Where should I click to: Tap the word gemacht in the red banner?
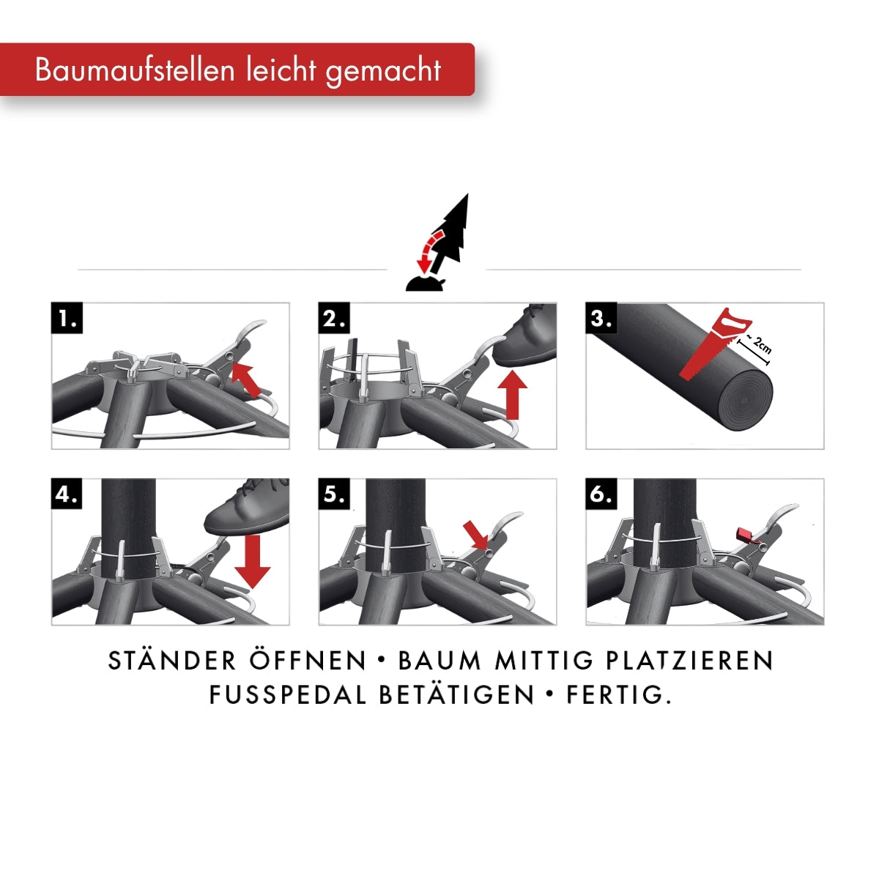pos(384,72)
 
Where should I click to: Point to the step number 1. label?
pos(67,317)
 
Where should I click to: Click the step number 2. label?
pos(334,317)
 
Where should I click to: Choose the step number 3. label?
pos(601,317)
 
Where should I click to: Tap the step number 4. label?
pos(67,494)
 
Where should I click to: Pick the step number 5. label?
pos(334,494)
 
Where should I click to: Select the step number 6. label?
pos(601,494)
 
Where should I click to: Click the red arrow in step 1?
pos(247,379)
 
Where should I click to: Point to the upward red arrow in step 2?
pos(512,395)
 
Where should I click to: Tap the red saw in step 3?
pos(714,343)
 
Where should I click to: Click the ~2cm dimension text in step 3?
pos(759,344)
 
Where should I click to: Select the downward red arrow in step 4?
pos(253,562)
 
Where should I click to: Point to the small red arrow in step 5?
pos(475,535)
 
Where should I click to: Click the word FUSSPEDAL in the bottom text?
pos(287,695)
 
